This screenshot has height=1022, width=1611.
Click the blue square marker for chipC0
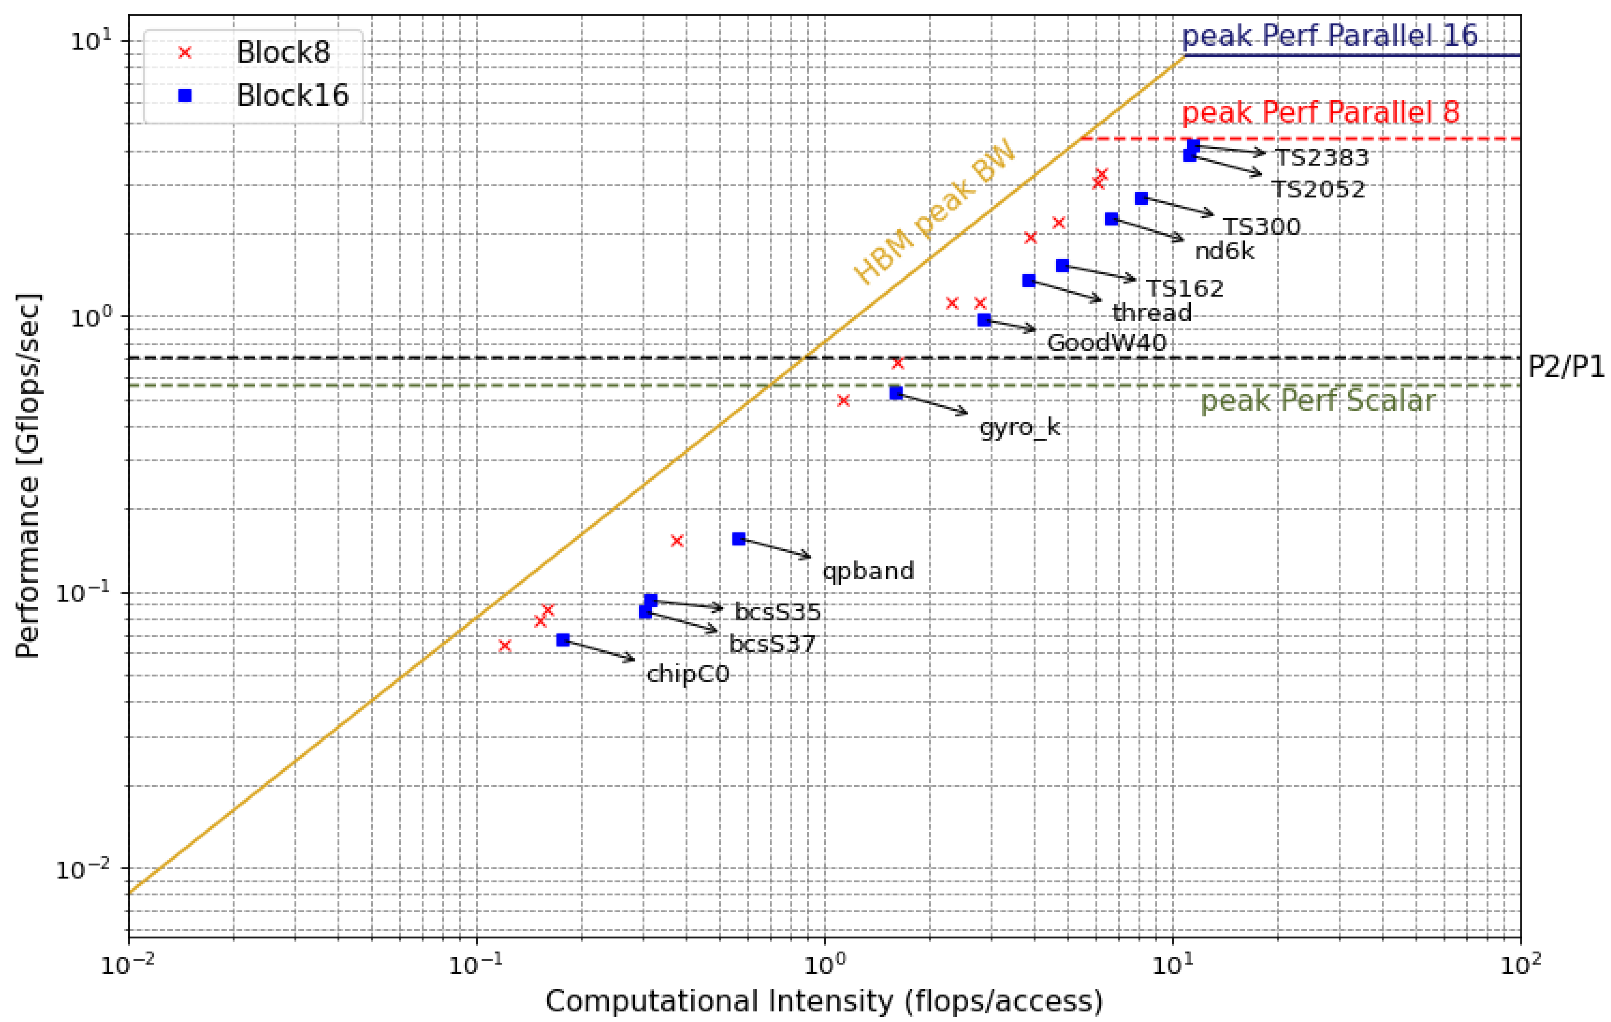coord(563,640)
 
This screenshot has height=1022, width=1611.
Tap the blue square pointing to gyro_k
coord(896,393)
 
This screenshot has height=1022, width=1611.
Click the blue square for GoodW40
coord(984,320)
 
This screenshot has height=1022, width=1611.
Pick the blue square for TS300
coord(1141,198)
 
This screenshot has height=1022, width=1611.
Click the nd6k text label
coord(1224,251)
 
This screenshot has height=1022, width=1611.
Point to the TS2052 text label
coord(1318,190)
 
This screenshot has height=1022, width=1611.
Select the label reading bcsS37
coord(772,644)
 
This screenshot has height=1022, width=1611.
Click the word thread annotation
coord(1152,313)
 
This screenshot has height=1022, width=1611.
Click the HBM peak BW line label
coord(935,213)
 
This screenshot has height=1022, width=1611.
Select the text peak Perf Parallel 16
coord(1330,36)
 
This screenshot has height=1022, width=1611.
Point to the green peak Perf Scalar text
coord(1318,401)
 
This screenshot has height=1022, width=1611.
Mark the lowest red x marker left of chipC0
coord(505,646)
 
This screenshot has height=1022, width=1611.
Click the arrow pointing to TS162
coord(1099,273)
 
